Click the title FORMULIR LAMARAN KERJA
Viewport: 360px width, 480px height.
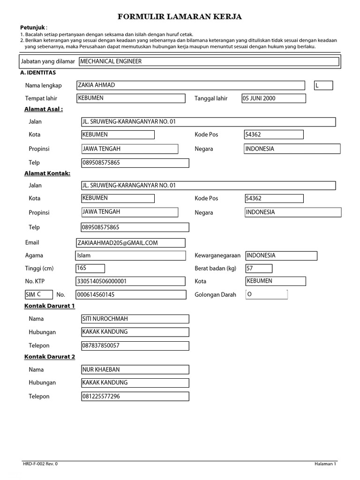180,17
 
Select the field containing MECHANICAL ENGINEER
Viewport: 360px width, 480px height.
209,61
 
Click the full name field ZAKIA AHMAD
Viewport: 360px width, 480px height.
190,85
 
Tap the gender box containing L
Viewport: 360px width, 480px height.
323,85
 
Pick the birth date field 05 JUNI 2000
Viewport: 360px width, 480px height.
273,98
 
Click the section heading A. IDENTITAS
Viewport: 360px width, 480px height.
38,73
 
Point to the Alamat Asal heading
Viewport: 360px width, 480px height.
44,109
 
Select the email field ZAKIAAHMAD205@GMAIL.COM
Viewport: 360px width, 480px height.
130,243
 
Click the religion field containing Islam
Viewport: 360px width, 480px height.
130,256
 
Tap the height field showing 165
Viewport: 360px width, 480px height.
90,269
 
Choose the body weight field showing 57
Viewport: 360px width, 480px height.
258,269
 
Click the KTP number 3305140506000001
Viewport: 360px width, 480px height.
130,282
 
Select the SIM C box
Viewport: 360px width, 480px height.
38,295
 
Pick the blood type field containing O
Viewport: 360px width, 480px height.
266,295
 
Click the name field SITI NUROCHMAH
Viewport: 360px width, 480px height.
135,319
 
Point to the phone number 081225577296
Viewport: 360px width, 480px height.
135,397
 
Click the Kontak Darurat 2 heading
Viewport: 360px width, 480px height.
49,357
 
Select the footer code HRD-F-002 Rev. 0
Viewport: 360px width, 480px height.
41,464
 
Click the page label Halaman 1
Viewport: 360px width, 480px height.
325,464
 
